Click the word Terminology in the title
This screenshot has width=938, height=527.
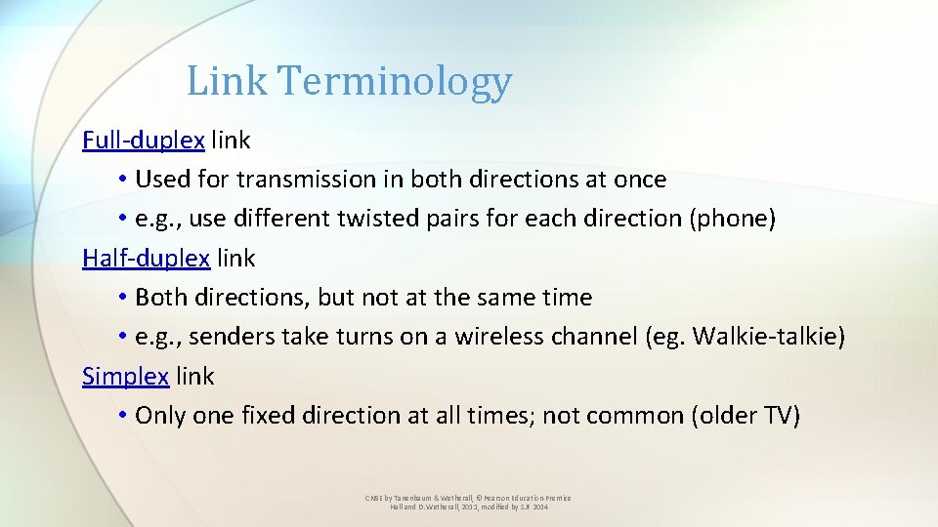click(x=394, y=82)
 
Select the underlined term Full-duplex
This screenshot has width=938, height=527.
click(x=144, y=141)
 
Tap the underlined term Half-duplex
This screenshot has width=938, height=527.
click(x=147, y=259)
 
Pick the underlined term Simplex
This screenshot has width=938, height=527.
click(x=126, y=376)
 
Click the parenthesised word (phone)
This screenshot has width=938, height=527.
click(x=733, y=219)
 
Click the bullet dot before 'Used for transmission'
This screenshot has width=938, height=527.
click(x=121, y=180)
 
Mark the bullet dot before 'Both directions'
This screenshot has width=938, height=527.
click(x=121, y=298)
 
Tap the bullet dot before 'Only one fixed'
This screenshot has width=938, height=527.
click(x=121, y=415)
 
